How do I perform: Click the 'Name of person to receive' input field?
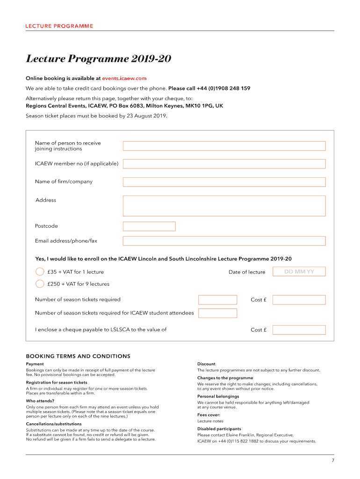[224, 146]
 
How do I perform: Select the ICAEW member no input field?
[224, 164]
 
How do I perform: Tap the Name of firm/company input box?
[224, 181]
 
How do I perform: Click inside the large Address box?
[224, 206]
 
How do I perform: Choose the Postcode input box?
[149, 226]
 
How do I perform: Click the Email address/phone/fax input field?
[224, 241]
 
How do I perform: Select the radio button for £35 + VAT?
[40, 272]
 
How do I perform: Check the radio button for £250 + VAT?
[40, 283]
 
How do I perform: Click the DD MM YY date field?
[299, 272]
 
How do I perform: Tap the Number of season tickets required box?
[218, 299]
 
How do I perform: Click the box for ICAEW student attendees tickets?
[218, 313]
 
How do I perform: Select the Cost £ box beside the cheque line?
[299, 330]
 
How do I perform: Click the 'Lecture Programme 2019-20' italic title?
[99, 59]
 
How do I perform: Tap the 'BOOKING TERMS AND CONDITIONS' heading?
[78, 356]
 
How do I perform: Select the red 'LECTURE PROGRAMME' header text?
[59, 26]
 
